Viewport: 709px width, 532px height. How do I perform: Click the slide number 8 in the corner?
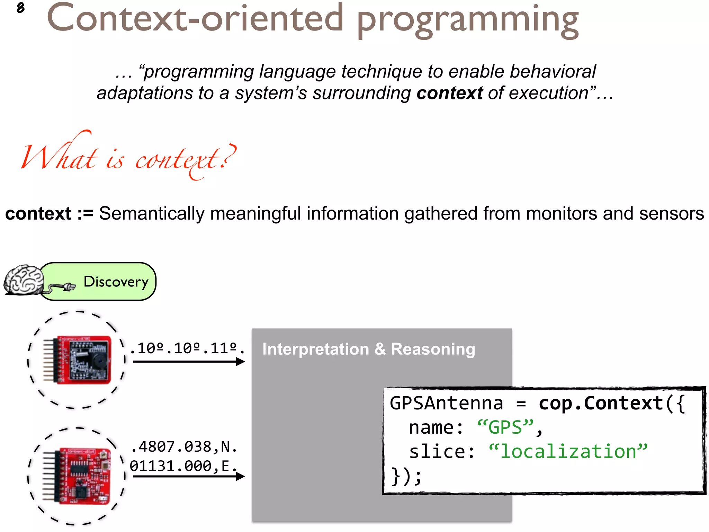pos(20,8)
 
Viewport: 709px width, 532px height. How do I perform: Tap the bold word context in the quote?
pos(449,93)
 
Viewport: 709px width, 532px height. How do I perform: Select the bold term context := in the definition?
pos(49,213)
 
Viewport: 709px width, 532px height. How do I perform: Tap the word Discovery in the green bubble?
pos(116,282)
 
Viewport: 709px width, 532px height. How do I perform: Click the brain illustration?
pos(24,280)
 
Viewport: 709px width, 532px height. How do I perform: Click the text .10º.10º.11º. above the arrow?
pos(187,348)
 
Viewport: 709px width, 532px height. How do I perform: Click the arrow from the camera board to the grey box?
pos(189,362)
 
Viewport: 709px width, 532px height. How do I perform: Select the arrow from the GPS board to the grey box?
pos(189,477)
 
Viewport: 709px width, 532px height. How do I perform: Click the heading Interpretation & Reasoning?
pos(369,349)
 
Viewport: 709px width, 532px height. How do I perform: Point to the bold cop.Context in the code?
pos(601,404)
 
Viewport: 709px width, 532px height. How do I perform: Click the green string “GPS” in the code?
pos(505,427)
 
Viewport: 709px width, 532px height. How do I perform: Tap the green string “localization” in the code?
pos(568,452)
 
